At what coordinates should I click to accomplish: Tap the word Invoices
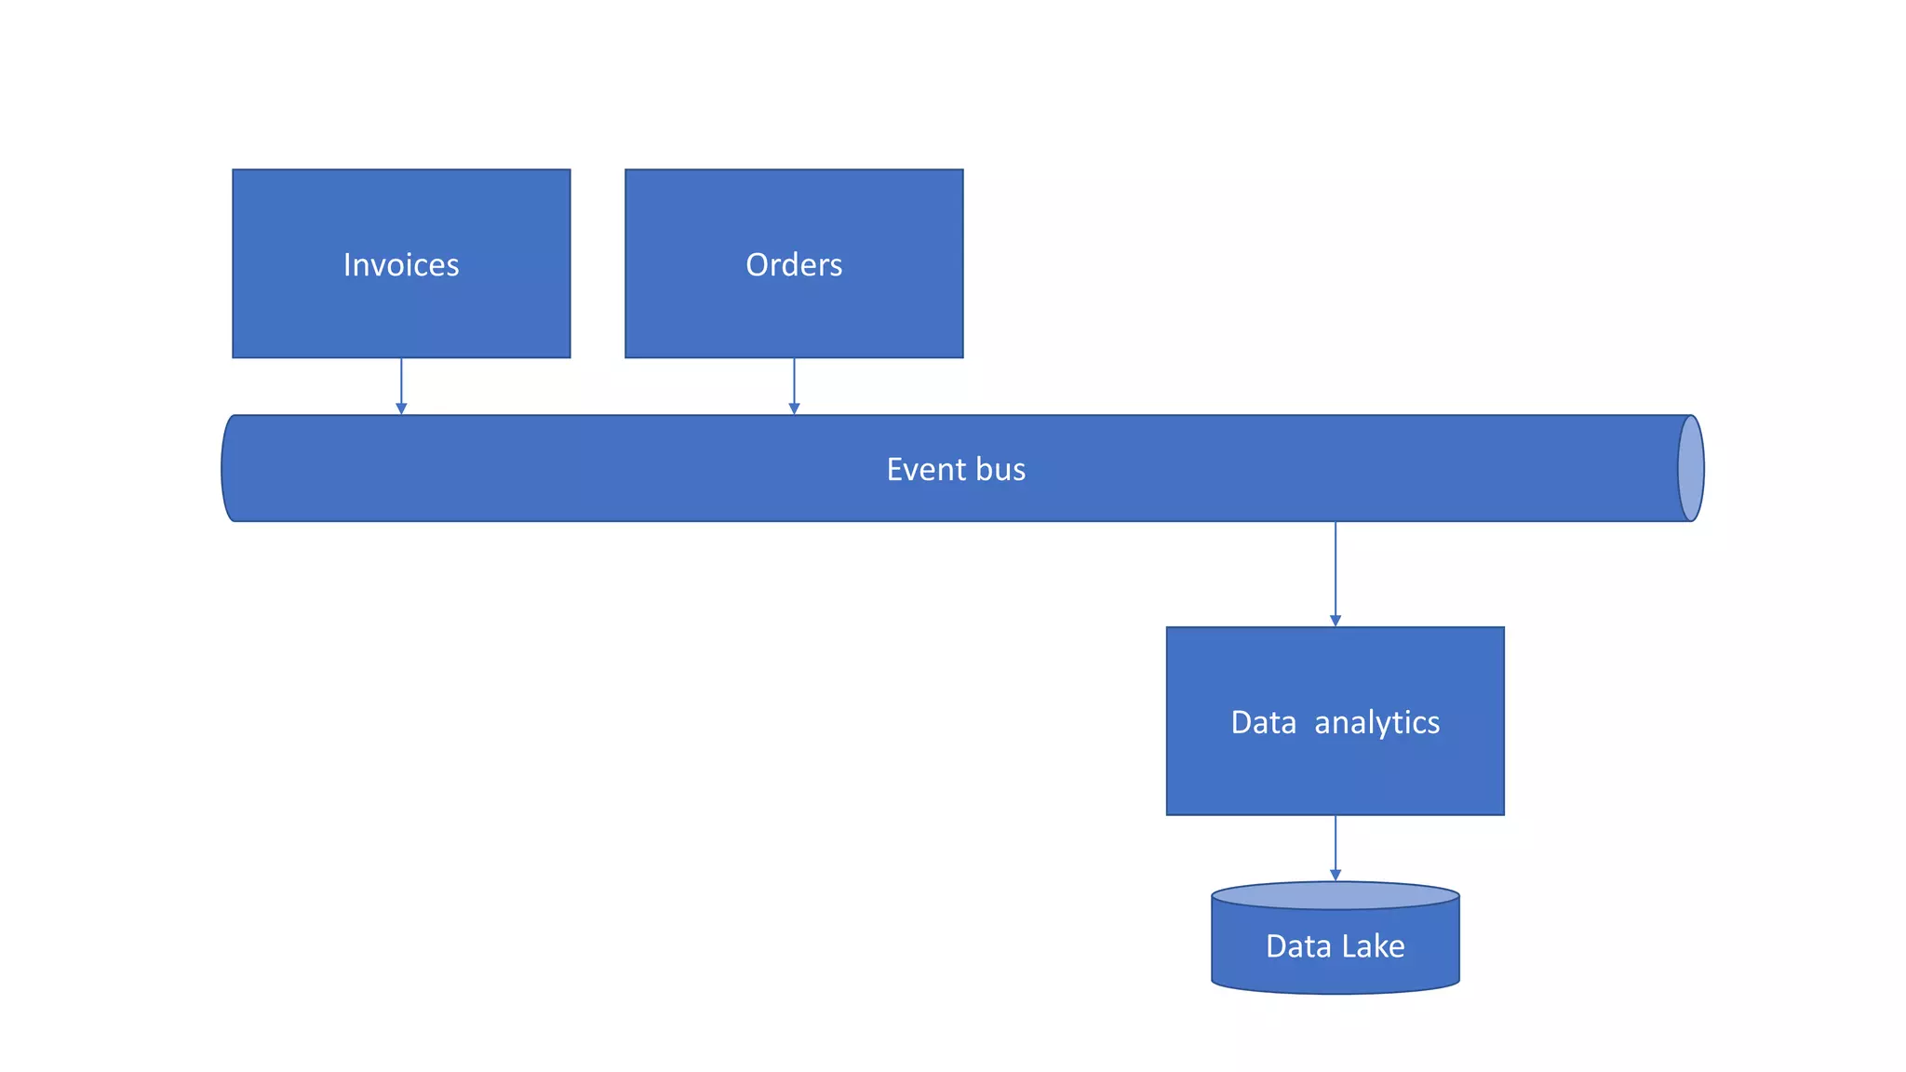[x=401, y=265]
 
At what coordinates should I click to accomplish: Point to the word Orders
[x=794, y=265]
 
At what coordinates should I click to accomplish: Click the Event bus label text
[x=956, y=469]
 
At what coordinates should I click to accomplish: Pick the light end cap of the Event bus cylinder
[x=1691, y=468]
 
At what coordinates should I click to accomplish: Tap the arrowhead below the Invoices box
[x=401, y=409]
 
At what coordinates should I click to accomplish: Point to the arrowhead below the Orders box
[x=794, y=409]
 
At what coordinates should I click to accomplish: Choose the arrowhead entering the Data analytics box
[x=1336, y=621]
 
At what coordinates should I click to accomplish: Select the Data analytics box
[x=1336, y=772]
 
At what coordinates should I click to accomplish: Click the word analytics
[x=1376, y=723]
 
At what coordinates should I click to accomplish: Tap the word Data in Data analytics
[x=1263, y=723]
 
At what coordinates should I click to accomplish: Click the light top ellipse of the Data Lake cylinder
[x=1336, y=896]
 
